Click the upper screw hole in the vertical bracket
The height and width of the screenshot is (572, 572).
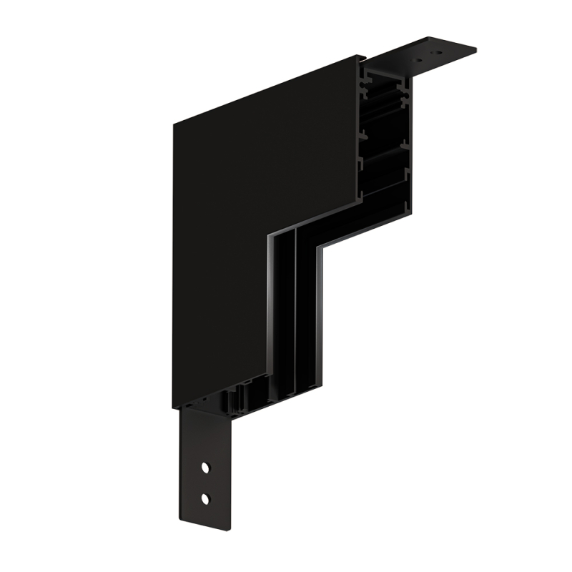pyautogui.click(x=205, y=468)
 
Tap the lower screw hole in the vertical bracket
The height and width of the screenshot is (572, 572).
pyautogui.click(x=205, y=497)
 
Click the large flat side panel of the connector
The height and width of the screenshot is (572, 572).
pyautogui.click(x=257, y=214)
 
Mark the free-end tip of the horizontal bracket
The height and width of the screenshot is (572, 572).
pyautogui.click(x=475, y=49)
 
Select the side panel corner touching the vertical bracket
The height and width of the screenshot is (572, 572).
pyautogui.click(x=174, y=408)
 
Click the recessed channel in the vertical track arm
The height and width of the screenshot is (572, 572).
pyautogui.click(x=286, y=315)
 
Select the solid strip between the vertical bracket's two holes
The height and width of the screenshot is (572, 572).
pyautogui.click(x=205, y=483)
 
